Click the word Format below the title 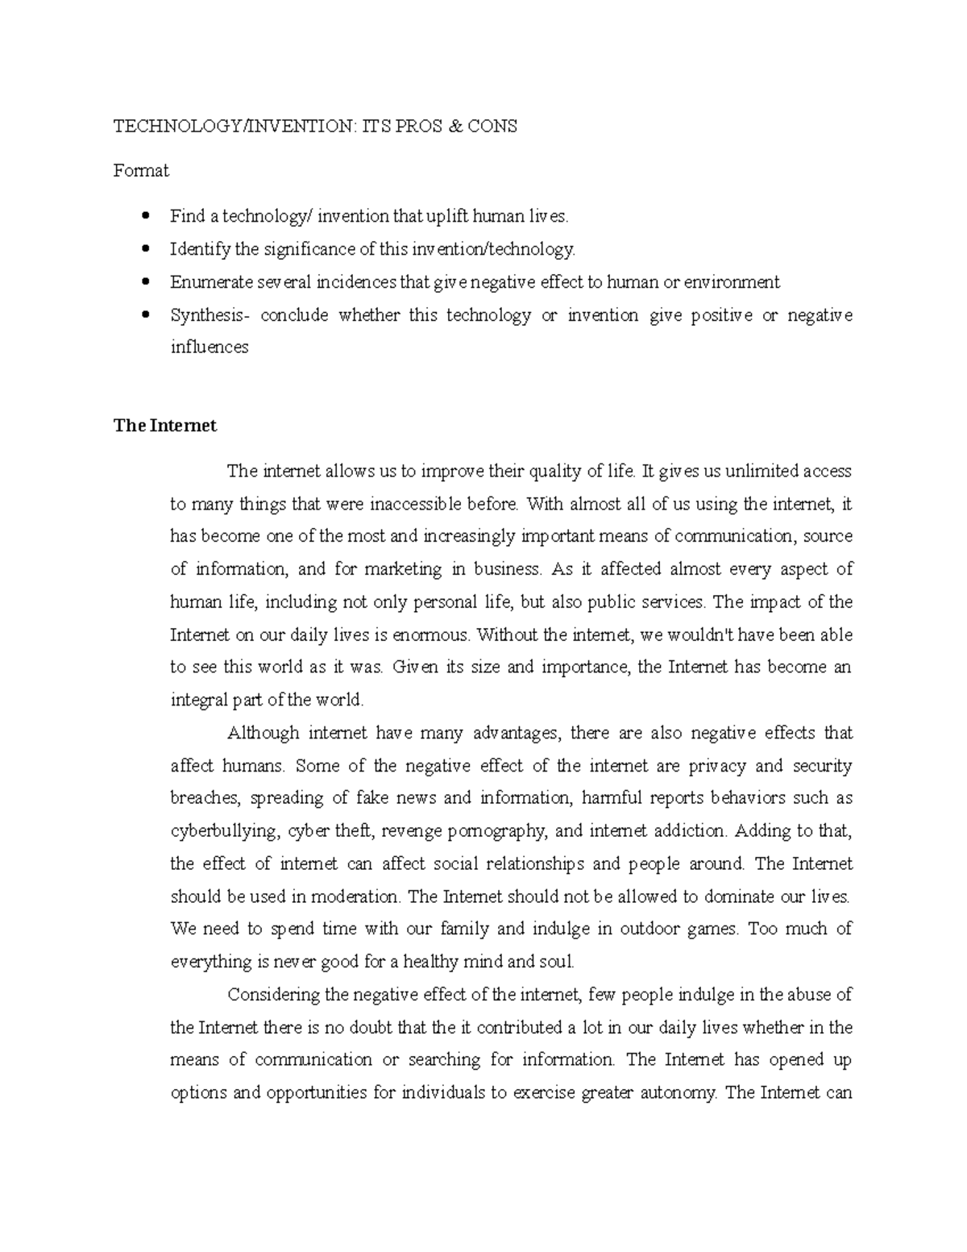coord(141,171)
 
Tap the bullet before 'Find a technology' coord(146,216)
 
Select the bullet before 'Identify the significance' coord(146,249)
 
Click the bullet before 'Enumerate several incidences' coord(146,282)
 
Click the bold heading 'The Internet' coord(165,426)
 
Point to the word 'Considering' coord(274,995)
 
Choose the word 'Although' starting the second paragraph coord(264,734)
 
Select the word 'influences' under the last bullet coord(210,347)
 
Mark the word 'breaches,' coord(205,798)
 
